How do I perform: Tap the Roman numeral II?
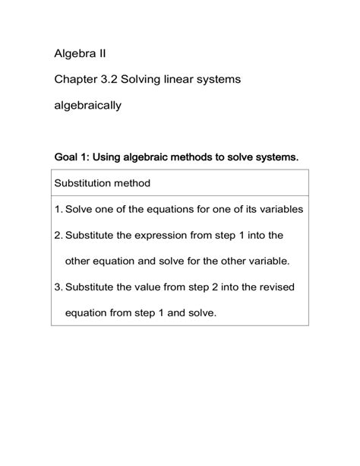click(x=112, y=54)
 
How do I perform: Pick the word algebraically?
click(x=88, y=106)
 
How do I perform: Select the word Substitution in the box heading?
click(x=85, y=183)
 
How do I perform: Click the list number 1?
click(x=58, y=209)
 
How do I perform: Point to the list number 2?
click(x=58, y=235)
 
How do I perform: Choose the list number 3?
click(x=58, y=287)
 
